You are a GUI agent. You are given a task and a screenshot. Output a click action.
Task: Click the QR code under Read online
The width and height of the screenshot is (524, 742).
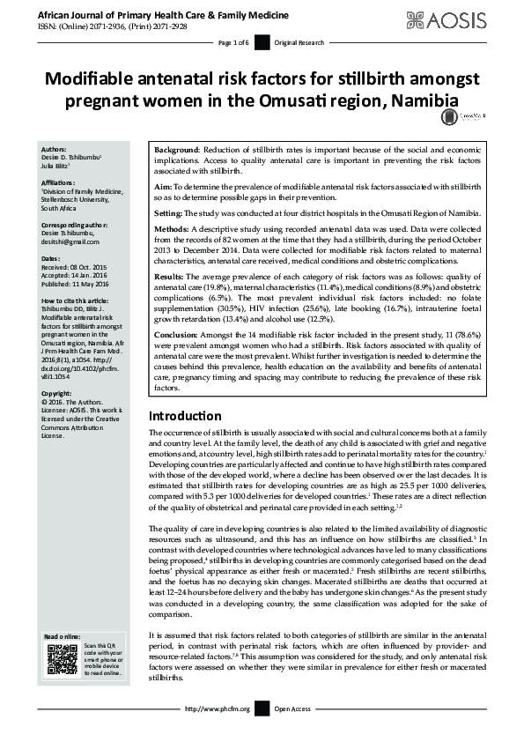(60, 660)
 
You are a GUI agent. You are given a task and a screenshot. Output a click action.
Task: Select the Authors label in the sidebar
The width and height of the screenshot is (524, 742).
(55, 150)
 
